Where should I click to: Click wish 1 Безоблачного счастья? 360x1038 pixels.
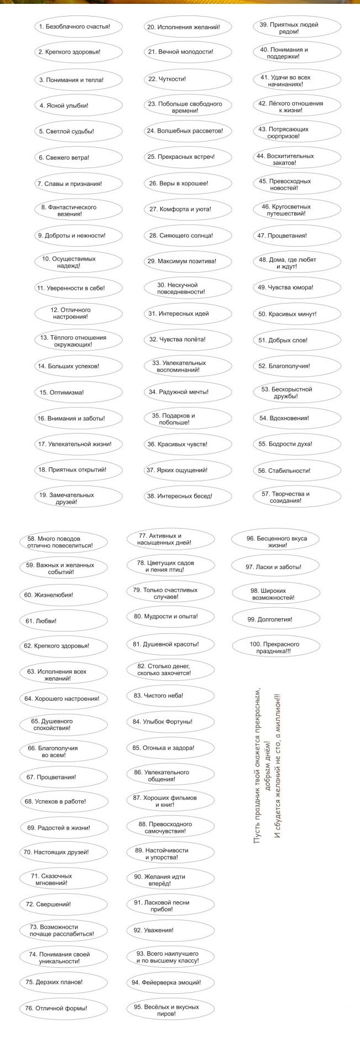pyautogui.click(x=77, y=27)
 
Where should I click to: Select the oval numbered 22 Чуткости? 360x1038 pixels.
pyautogui.click(x=188, y=79)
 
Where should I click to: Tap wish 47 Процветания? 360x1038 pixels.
pyautogui.click(x=298, y=236)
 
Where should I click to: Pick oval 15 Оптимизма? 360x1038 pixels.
pyautogui.click(x=77, y=392)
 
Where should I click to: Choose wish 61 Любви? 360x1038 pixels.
pyautogui.click(x=63, y=621)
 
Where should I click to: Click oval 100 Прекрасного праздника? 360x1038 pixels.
pyautogui.click(x=275, y=648)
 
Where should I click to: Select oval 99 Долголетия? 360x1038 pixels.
pyautogui.click(x=275, y=619)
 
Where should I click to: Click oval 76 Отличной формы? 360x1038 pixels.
pyautogui.click(x=63, y=1008)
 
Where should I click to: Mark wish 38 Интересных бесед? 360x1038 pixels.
pyautogui.click(x=188, y=496)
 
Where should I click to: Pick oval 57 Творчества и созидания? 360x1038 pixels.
pyautogui.click(x=298, y=497)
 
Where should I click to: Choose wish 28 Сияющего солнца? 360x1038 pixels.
pyautogui.click(x=188, y=236)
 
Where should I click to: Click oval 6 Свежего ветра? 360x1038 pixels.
pyautogui.click(x=77, y=158)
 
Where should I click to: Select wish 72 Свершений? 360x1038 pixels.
pyautogui.click(x=63, y=904)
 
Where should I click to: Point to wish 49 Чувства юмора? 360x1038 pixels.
pyautogui.click(x=298, y=288)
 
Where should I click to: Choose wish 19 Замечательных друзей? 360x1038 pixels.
pyautogui.click(x=77, y=498)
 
